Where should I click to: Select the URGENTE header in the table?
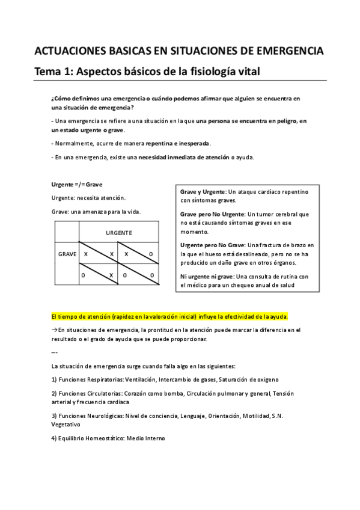[x=119, y=232]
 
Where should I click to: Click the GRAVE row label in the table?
[x=67, y=254]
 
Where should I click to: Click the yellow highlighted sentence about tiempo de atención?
[x=170, y=316]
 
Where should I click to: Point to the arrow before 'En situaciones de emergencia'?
[x=54, y=331]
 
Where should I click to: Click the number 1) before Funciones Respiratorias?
[x=54, y=379]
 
